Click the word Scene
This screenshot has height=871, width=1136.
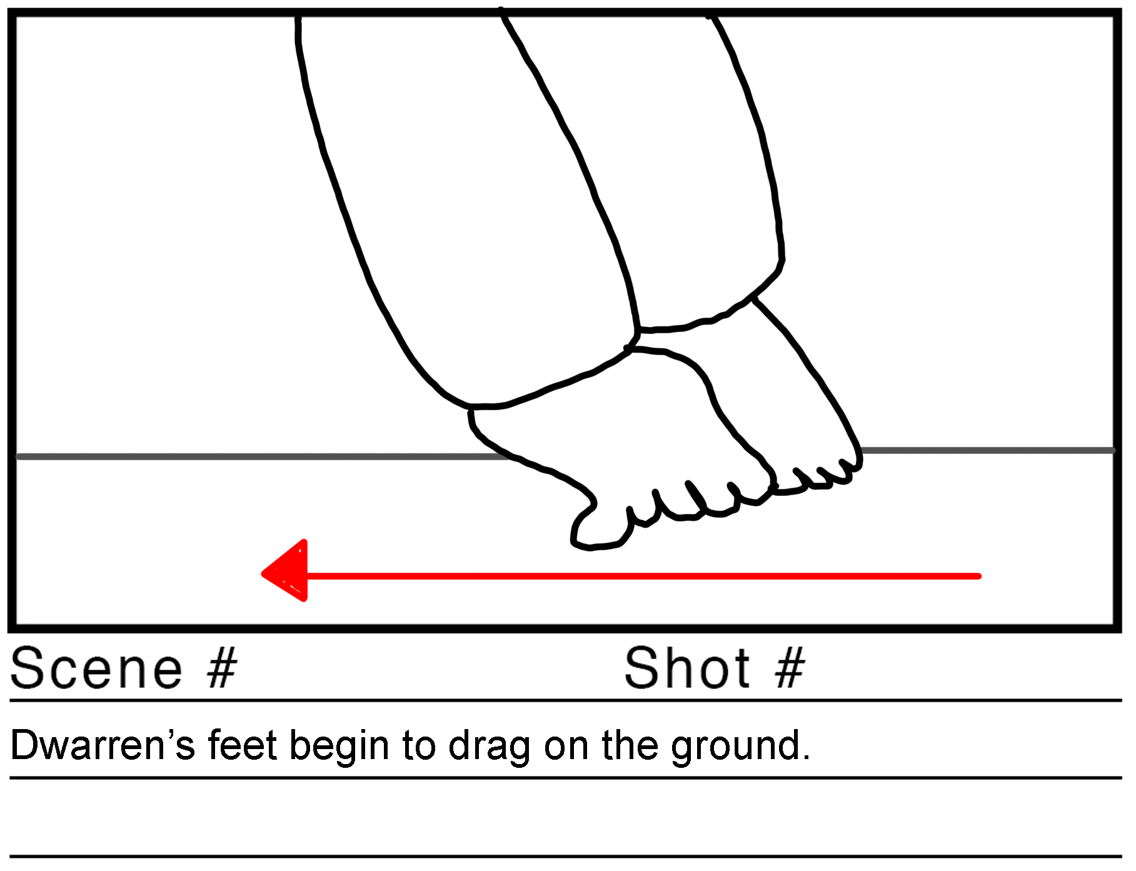pos(97,669)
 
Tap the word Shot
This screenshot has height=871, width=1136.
pos(687,668)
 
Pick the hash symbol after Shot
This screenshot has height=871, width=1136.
pos(790,668)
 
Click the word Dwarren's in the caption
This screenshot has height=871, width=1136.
pos(103,745)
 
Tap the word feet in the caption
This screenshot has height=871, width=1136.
pos(243,745)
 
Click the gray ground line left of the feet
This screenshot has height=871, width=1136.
pos(263,457)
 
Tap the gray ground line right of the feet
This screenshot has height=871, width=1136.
pos(988,450)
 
